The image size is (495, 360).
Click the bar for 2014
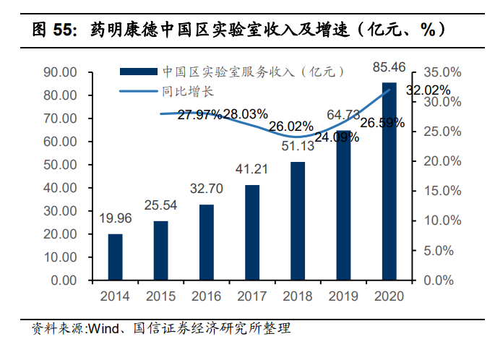[x=115, y=257]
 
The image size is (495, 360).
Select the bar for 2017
[x=252, y=232]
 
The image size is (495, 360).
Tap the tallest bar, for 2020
[x=389, y=181]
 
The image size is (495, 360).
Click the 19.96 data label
[x=115, y=218]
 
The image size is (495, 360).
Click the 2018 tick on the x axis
[x=298, y=296]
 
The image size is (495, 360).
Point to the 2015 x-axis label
[x=160, y=296]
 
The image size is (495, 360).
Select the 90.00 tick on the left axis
[x=60, y=72]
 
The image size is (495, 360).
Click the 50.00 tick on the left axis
[x=60, y=165]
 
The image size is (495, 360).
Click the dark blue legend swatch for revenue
[x=137, y=71]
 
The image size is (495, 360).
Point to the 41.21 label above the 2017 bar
[x=252, y=169]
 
